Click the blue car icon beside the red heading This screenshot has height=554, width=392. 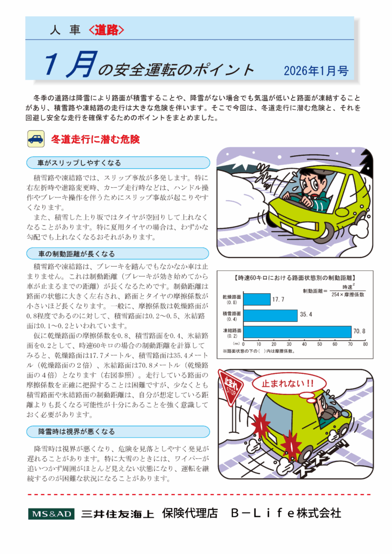36,139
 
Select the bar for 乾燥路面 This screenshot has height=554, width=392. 257,299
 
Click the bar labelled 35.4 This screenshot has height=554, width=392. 270,315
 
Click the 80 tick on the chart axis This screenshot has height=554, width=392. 365,344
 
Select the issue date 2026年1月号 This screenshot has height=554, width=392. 316,70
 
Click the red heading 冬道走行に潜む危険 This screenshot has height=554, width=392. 95,140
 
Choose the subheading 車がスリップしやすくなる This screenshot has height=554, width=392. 79,163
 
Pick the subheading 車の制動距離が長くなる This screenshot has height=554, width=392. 76,254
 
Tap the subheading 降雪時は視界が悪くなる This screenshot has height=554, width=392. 76,431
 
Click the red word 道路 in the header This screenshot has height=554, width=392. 106,31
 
